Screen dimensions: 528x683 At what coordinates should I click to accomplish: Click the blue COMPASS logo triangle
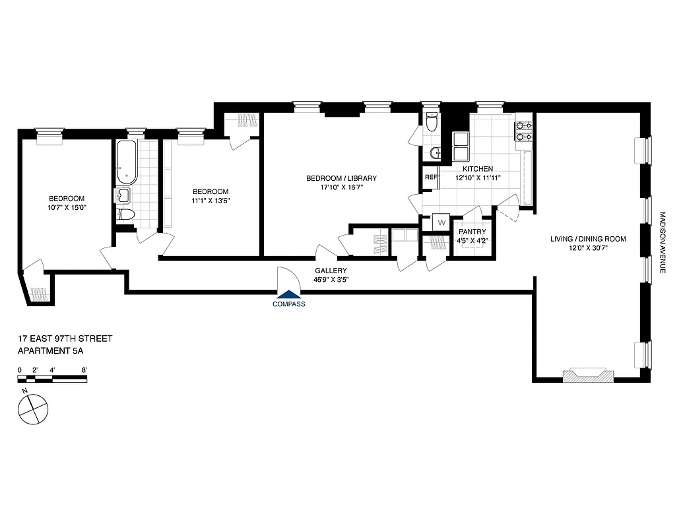click(x=288, y=295)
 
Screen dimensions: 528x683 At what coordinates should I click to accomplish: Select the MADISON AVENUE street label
click(x=663, y=244)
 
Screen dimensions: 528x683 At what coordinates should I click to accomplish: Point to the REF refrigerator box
click(x=431, y=177)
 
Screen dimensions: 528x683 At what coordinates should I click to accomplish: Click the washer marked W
click(x=440, y=223)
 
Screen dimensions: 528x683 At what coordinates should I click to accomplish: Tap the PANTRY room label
click(x=472, y=232)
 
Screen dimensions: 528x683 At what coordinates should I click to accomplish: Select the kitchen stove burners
click(x=524, y=131)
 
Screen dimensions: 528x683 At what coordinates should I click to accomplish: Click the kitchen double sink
click(x=461, y=147)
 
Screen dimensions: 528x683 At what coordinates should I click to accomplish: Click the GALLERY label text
click(x=331, y=271)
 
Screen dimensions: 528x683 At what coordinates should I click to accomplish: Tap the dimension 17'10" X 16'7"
click(x=341, y=188)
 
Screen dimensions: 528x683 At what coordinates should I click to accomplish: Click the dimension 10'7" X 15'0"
click(x=67, y=208)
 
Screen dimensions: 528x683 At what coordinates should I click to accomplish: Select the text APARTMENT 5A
click(x=51, y=352)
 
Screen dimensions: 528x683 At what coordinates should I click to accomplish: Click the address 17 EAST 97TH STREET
click(x=65, y=339)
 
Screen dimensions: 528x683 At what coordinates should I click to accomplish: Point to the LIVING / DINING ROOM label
click(x=588, y=239)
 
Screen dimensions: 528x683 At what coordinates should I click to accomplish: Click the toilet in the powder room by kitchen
click(x=432, y=123)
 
